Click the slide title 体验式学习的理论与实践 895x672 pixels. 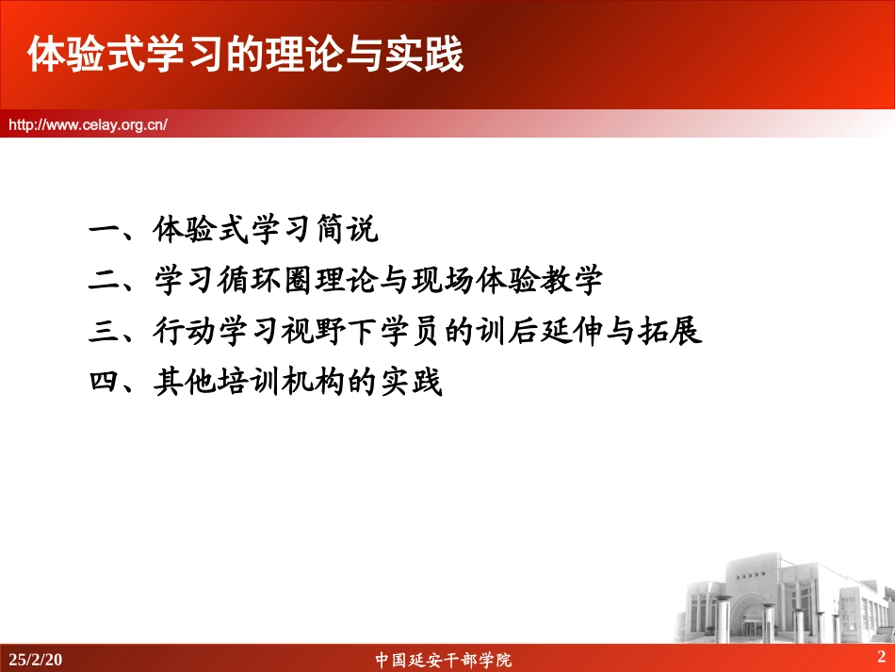click(245, 56)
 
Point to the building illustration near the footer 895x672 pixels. click(781, 598)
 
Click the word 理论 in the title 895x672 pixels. click(288, 56)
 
